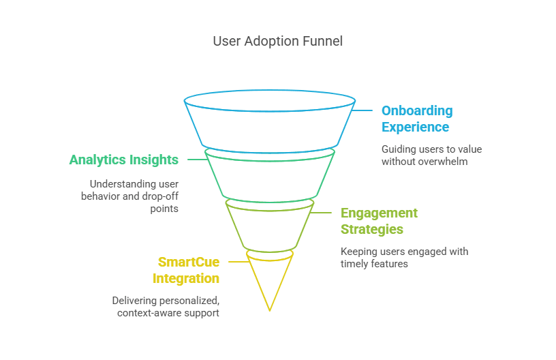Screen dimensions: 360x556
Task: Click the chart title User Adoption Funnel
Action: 277,41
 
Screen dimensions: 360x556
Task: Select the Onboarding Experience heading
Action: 416,119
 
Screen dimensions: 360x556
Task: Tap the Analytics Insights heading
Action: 123,160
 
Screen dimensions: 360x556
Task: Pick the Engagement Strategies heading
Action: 379,221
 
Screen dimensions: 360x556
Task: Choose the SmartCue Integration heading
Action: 185,270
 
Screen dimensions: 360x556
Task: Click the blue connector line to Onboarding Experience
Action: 363,110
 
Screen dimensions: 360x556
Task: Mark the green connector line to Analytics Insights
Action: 196,160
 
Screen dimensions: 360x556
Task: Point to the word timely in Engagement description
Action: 356,264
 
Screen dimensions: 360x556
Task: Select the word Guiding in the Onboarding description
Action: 399,149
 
